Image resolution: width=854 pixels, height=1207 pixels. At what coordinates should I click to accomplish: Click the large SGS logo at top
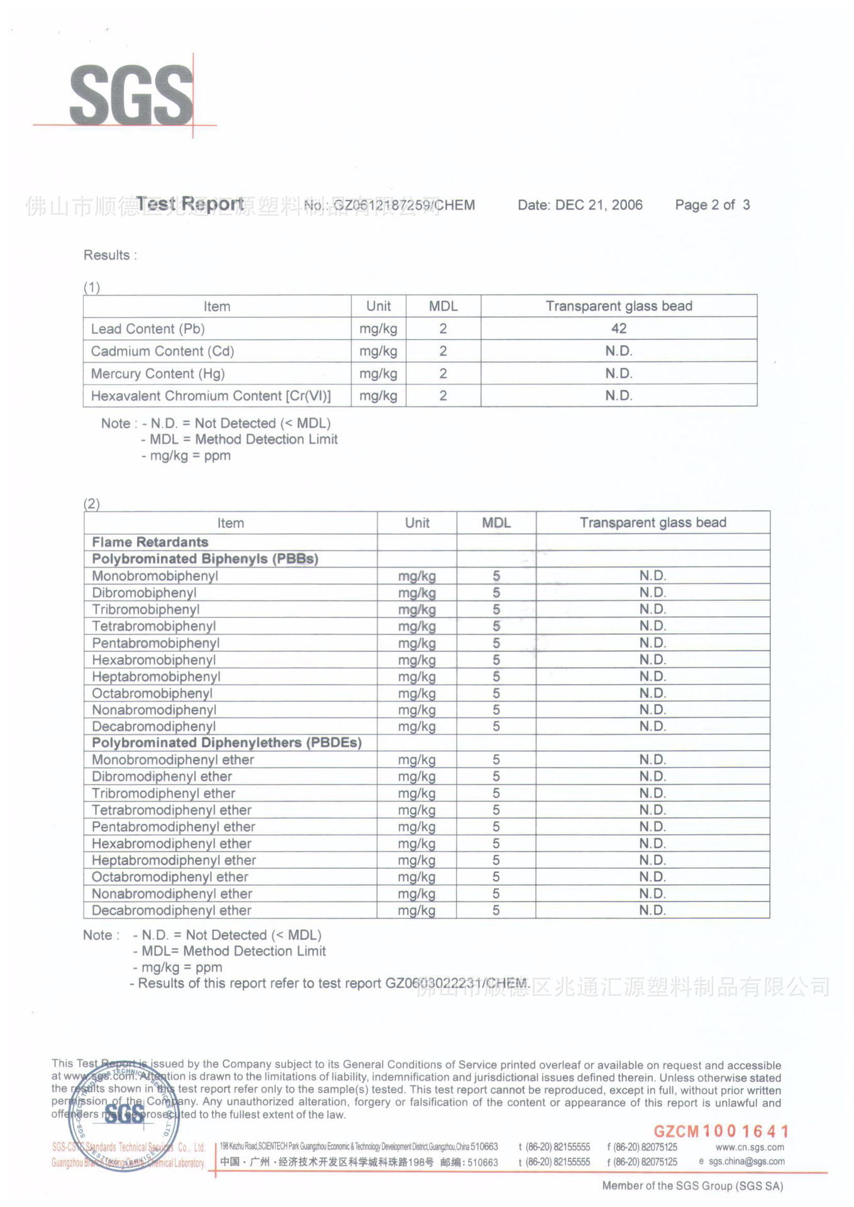[131, 96]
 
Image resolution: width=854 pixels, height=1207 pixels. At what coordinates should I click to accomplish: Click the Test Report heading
[190, 204]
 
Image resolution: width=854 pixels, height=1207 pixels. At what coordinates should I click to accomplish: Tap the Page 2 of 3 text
[712, 205]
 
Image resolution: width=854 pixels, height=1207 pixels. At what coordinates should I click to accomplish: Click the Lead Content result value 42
[619, 328]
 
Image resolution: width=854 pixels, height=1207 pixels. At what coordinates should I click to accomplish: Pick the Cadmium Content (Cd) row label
[162, 351]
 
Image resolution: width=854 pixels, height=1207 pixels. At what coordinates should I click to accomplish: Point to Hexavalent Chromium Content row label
[211, 396]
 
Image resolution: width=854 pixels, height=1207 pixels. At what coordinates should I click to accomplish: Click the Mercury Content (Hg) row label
[157, 373]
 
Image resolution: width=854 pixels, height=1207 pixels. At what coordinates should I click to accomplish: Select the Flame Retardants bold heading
[150, 542]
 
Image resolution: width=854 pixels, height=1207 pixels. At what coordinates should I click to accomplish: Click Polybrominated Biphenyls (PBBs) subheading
[205, 559]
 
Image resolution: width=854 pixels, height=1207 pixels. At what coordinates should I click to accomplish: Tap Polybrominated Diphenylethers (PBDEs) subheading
[226, 742]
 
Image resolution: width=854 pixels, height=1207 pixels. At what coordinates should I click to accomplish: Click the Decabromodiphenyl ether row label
[171, 910]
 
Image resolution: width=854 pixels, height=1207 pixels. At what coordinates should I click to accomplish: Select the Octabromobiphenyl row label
[152, 693]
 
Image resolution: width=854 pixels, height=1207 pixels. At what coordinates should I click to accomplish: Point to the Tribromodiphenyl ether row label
[164, 793]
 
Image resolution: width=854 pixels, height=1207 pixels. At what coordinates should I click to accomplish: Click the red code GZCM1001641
[721, 1132]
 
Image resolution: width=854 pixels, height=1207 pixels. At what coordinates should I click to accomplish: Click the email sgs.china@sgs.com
[746, 1162]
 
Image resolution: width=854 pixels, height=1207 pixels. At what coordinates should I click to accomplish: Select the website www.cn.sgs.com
[750, 1147]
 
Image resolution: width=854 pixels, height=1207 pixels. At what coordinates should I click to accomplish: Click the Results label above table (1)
[109, 255]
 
